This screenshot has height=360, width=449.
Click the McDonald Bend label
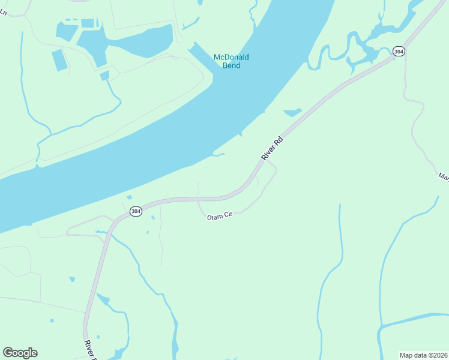tap(232, 61)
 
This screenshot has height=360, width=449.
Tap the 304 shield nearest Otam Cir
tap(136, 211)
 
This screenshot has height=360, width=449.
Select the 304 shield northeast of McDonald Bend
tap(399, 52)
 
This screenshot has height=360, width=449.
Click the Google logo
tap(20, 353)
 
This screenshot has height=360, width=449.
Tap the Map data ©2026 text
tap(424, 355)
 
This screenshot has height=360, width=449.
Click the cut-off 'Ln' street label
tap(4, 11)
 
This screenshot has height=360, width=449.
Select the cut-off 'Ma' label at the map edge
tap(444, 176)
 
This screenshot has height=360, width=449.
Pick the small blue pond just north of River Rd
tap(292, 112)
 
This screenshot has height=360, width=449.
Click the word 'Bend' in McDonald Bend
tap(232, 65)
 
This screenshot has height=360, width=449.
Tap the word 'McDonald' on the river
tap(232, 57)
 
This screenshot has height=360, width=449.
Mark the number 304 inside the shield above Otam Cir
tap(136, 211)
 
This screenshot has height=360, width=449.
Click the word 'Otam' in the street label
tap(215, 217)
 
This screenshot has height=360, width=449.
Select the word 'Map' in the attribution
tap(406, 355)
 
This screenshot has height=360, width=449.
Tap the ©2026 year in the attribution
tap(437, 355)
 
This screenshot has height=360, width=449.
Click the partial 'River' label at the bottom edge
tap(89, 349)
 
